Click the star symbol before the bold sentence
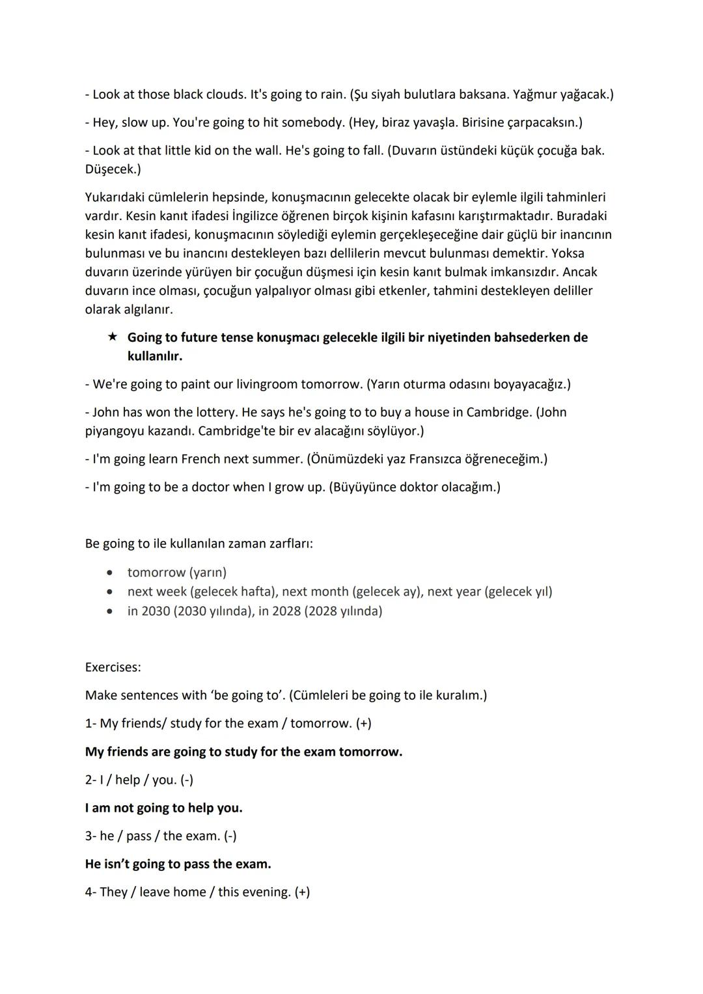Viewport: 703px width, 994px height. click(113, 337)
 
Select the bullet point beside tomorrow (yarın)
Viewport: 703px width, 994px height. click(113, 573)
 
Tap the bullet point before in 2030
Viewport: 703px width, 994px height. click(113, 611)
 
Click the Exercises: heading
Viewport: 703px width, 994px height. click(113, 667)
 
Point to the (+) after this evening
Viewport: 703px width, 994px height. click(302, 892)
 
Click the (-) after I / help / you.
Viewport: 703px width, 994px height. click(187, 780)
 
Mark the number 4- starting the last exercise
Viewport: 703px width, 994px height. click(90, 892)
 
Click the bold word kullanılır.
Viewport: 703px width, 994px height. click(154, 356)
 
